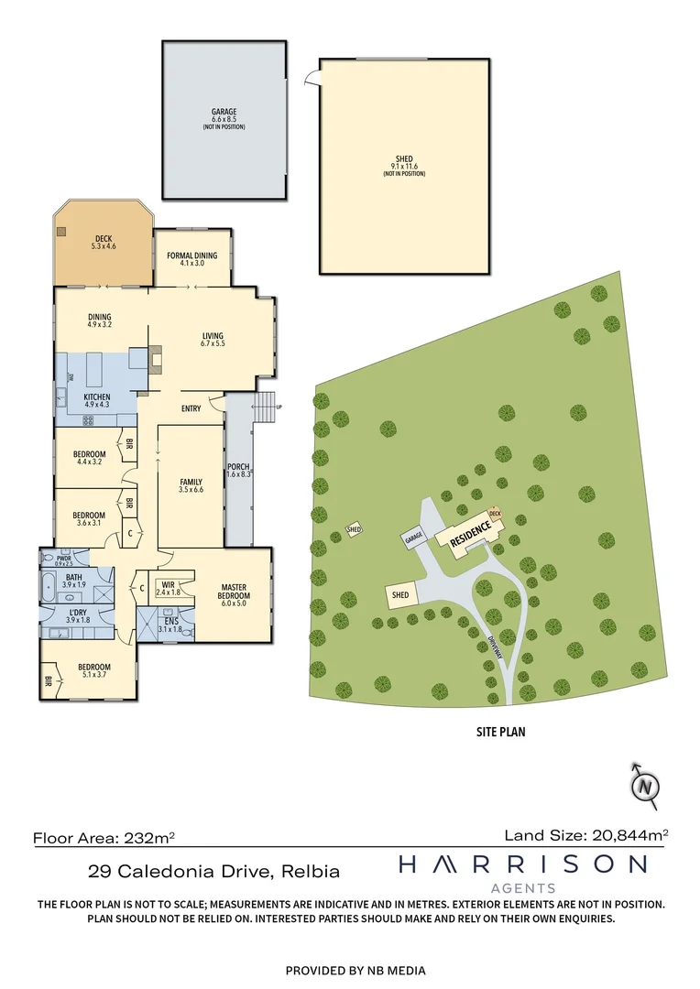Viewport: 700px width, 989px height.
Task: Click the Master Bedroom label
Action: [x=235, y=592]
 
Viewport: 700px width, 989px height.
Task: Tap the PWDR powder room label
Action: [x=64, y=560]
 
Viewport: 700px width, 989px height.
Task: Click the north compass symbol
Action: [x=647, y=785]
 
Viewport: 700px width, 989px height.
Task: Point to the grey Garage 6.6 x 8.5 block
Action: [x=224, y=119]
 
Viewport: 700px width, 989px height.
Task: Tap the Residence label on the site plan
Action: [x=471, y=535]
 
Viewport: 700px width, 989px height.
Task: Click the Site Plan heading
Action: [x=498, y=732]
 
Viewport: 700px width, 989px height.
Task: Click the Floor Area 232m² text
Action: [x=104, y=837]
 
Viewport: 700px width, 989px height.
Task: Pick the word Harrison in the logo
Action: [x=522, y=864]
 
